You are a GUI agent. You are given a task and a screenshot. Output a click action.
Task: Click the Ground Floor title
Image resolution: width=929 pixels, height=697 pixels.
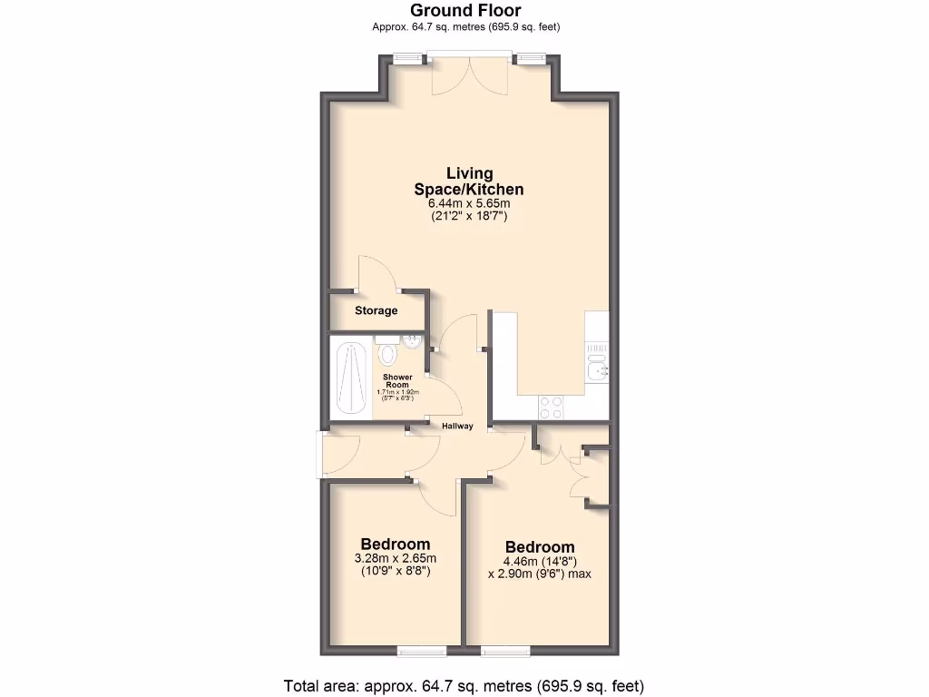pos(465,11)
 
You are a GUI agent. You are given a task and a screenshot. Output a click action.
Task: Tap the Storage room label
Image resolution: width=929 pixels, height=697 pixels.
pos(376,311)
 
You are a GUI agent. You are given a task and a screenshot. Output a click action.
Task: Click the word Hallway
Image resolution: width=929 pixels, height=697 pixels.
pos(457,427)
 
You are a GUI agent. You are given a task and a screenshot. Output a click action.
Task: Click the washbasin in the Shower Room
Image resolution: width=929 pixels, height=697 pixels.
pos(412,341)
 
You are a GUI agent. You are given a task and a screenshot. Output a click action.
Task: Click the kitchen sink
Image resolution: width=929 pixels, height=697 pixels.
pos(596,368)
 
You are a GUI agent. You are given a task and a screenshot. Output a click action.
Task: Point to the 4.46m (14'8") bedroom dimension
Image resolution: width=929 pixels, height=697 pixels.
pos(540,561)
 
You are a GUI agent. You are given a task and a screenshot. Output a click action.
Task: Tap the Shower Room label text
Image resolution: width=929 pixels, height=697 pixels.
pos(397,380)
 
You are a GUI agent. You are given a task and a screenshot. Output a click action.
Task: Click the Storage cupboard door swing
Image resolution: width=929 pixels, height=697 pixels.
pos(375,273)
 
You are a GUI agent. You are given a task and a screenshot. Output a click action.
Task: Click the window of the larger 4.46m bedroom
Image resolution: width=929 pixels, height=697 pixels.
pos(505,650)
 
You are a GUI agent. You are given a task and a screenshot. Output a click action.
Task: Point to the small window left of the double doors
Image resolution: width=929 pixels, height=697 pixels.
pos(408,59)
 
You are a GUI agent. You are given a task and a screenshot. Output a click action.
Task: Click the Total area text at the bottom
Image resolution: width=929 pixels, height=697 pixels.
pos(464,685)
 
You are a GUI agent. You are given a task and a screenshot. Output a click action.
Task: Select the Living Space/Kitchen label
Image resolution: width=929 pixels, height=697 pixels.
pos(470,182)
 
